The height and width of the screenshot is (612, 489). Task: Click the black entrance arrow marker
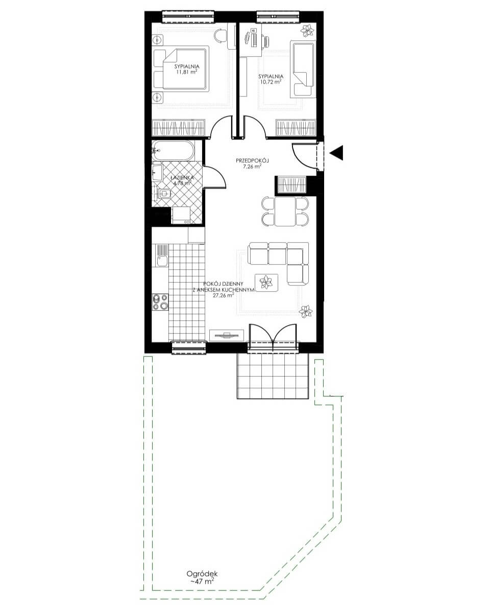click(x=337, y=152)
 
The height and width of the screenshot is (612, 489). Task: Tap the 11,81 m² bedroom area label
click(x=187, y=72)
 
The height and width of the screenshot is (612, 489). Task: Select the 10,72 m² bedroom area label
click(x=270, y=82)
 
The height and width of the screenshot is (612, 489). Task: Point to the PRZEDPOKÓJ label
click(x=252, y=160)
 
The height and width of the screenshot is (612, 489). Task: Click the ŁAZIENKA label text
click(x=182, y=178)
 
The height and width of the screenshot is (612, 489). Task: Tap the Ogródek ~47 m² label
click(x=202, y=577)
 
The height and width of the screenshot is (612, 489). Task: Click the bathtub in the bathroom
click(x=173, y=151)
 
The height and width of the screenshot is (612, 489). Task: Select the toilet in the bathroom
click(x=164, y=194)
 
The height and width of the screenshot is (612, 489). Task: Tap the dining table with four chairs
click(x=285, y=211)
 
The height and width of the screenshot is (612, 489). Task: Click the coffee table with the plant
click(x=267, y=283)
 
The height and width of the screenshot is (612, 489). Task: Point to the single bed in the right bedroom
click(x=303, y=69)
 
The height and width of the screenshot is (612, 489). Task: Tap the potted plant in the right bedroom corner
click(x=308, y=30)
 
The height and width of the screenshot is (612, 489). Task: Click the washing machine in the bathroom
click(x=181, y=215)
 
